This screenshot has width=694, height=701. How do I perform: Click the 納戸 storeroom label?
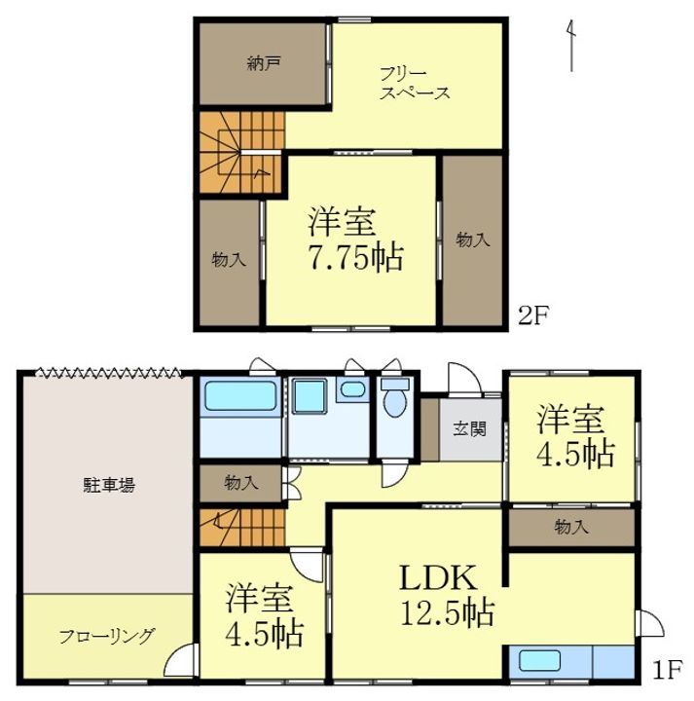[x=263, y=64]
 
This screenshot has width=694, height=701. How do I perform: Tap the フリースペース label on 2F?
[x=415, y=84]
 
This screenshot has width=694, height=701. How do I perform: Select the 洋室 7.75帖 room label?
[x=355, y=240]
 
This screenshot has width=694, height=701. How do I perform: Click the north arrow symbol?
[x=571, y=46]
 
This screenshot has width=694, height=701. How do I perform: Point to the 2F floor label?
[x=532, y=316]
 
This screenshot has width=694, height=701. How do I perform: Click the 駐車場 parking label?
[x=109, y=485]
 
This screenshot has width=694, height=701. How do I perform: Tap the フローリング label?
[x=107, y=636]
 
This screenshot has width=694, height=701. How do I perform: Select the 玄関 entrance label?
[x=470, y=429]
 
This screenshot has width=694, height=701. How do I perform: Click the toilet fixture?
[x=395, y=397]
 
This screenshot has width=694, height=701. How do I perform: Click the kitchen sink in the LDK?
[x=540, y=661]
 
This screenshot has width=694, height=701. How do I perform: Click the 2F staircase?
[x=241, y=152]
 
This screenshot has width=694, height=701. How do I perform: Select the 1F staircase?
[x=241, y=528]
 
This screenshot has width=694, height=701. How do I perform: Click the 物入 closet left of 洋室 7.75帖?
[x=229, y=263]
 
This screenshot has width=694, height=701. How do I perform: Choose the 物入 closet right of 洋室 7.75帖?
[x=473, y=240]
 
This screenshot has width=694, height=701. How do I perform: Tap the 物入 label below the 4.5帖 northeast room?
[x=571, y=527]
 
